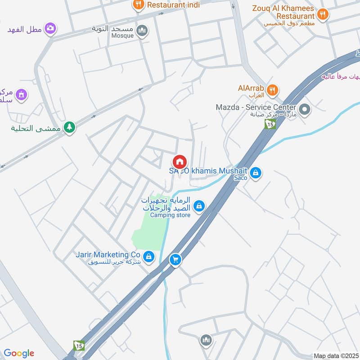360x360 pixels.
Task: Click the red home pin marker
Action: point(180,162)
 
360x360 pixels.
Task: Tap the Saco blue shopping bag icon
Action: point(255,172)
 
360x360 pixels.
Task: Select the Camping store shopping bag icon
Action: point(198,206)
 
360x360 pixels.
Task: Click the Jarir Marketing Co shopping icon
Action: point(149,257)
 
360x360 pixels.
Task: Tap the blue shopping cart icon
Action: point(175,259)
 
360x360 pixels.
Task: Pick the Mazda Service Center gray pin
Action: point(305,109)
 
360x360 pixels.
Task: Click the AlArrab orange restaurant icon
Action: point(271,90)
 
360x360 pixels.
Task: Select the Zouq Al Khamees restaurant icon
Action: point(322,15)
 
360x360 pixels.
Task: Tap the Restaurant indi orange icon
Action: point(139,5)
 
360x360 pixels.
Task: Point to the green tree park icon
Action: point(69,128)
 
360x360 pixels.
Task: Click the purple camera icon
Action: point(51,28)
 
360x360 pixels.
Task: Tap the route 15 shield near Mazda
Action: point(270,124)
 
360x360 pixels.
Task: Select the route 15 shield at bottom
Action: point(79,345)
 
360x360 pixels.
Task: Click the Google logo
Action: point(19,353)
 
